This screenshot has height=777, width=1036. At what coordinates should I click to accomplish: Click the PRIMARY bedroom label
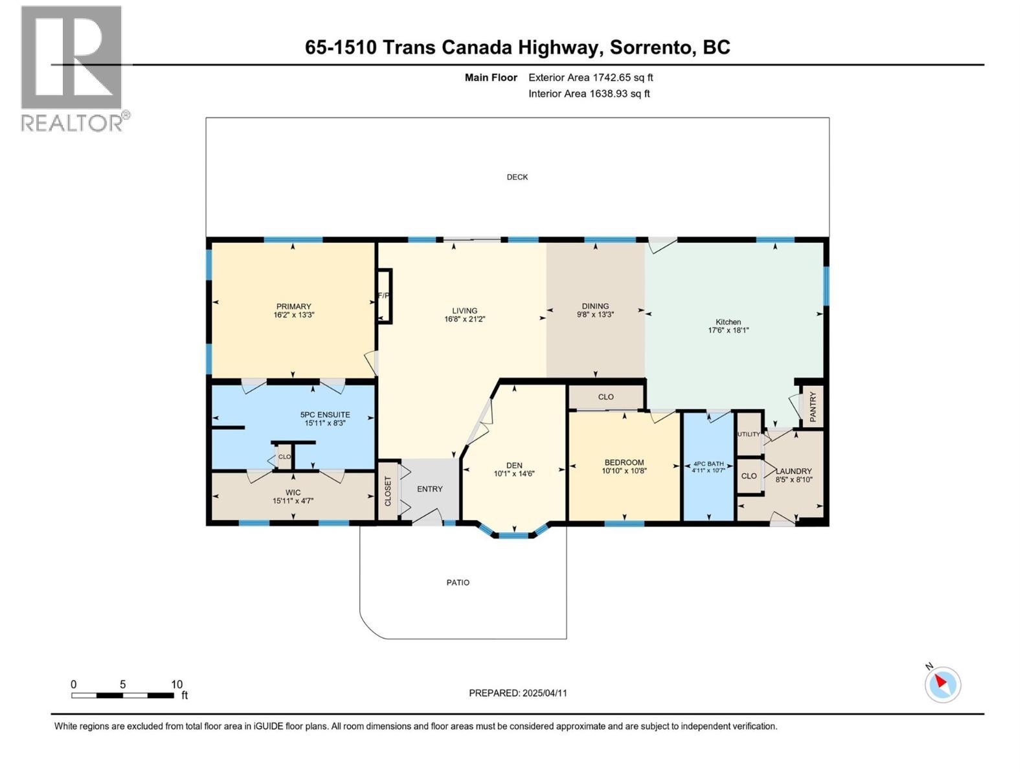(294, 306)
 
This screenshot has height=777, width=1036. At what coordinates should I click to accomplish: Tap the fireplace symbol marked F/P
(384, 296)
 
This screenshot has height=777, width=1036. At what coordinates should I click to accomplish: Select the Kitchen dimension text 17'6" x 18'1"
(728, 330)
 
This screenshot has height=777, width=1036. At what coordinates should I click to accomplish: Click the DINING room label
(595, 306)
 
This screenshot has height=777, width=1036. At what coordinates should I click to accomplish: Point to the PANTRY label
(813, 406)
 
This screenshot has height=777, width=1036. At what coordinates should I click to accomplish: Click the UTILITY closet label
(749, 434)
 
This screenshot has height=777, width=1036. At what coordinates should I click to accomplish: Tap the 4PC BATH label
(708, 464)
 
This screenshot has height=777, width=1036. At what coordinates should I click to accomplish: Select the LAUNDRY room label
(794, 471)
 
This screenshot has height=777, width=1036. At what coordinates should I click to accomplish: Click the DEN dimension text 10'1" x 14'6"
(514, 474)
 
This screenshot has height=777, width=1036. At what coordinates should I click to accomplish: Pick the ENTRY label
(430, 489)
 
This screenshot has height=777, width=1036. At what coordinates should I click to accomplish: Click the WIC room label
(293, 493)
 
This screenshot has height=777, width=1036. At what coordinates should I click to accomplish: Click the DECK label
(517, 177)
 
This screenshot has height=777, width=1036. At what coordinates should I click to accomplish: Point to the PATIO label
(458, 583)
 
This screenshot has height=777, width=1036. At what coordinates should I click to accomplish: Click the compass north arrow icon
(942, 684)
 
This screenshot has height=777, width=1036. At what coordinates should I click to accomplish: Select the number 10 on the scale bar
(177, 684)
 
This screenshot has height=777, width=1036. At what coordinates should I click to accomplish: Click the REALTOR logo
(73, 68)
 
